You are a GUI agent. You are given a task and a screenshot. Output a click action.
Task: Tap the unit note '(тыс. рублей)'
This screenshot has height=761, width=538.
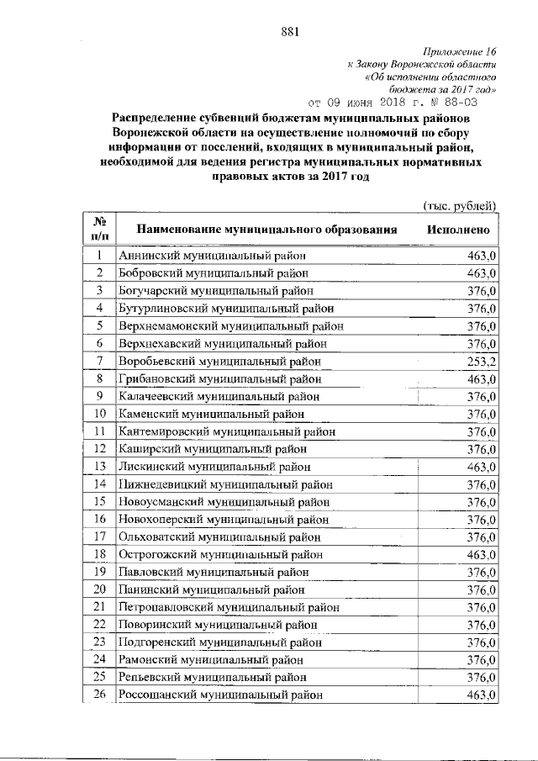tap(459, 206)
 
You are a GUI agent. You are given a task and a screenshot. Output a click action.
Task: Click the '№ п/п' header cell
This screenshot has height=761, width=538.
tap(98, 229)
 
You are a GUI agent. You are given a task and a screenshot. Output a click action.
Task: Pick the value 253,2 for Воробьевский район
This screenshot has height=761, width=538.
tap(483, 362)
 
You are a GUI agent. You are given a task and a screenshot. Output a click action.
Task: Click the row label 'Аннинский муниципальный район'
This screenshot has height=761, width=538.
tap(212, 256)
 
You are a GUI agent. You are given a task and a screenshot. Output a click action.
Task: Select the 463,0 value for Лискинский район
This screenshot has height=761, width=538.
tap(483, 467)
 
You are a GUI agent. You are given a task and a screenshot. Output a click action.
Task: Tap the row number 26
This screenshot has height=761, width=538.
tap(99, 695)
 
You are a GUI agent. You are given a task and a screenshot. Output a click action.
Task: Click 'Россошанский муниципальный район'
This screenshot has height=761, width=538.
tap(220, 695)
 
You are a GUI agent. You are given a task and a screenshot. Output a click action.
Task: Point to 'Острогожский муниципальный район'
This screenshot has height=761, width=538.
tap(220, 554)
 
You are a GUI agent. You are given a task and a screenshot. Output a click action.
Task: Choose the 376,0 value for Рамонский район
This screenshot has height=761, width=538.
tap(483, 660)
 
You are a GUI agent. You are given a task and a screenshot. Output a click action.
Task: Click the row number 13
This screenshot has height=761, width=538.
tap(99, 467)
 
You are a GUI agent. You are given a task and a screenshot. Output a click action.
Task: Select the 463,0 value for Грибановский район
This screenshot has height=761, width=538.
tap(483, 378)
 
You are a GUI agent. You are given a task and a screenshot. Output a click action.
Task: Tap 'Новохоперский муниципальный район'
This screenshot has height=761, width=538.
tap(223, 519)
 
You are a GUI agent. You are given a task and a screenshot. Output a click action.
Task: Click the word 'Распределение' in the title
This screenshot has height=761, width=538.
tap(158, 118)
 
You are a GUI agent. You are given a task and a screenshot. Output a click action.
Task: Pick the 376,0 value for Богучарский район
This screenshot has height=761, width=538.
tap(483, 291)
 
